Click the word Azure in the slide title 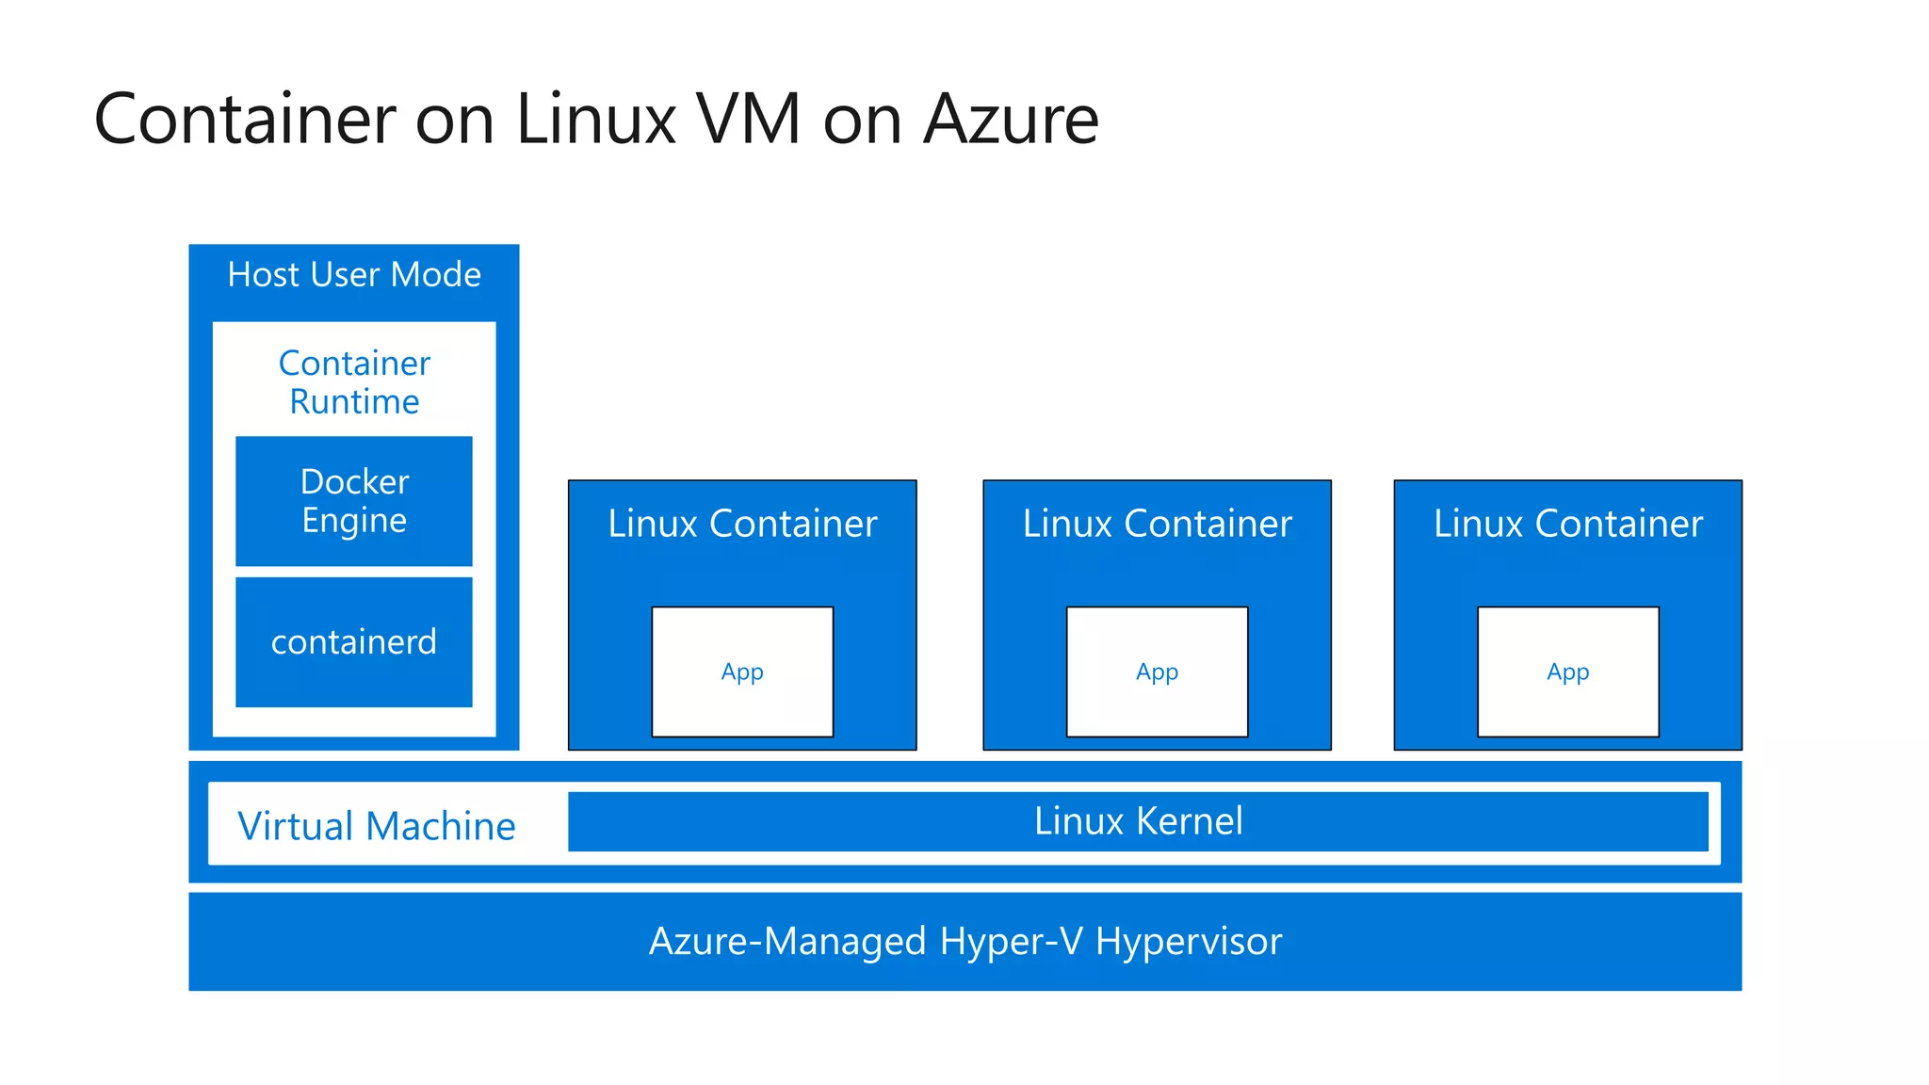tap(1011, 120)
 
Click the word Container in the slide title tap(245, 120)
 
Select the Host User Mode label tap(354, 275)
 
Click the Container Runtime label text tap(354, 382)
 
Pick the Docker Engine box tap(354, 501)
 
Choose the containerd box tap(354, 642)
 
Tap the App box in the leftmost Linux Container tap(742, 672)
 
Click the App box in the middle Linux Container tap(1157, 672)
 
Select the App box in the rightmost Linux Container tap(1567, 672)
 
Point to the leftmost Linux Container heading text tap(742, 524)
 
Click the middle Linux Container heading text tap(1157, 524)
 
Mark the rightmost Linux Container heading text tap(1567, 524)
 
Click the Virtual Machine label tap(377, 826)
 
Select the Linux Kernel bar tap(1138, 821)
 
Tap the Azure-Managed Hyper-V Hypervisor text tap(965, 941)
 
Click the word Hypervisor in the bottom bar tap(1189, 941)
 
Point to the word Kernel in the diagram tap(1190, 821)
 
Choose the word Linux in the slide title tap(596, 120)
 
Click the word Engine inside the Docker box tap(354, 521)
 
